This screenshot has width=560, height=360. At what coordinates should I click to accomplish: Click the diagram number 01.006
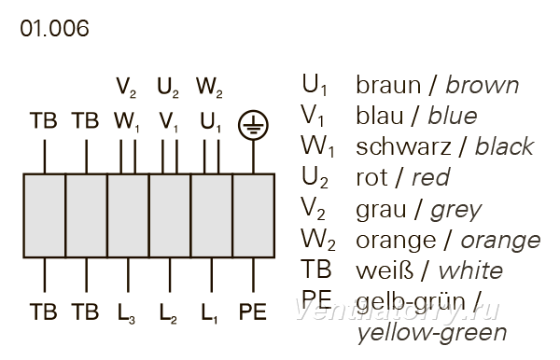tap(54, 29)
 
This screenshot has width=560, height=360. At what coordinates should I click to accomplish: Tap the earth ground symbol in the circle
tap(253, 125)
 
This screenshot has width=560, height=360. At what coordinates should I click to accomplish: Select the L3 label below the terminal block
tap(126, 312)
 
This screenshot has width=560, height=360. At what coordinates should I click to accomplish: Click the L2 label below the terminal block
tap(168, 312)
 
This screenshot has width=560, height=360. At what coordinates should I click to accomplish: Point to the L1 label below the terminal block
tap(210, 312)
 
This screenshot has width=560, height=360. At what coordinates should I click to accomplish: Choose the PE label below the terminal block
tap(253, 312)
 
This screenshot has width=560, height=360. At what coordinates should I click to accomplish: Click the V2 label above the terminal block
tap(126, 88)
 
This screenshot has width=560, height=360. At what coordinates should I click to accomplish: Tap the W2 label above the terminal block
tap(209, 88)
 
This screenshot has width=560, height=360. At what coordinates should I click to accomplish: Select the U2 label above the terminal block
tap(168, 88)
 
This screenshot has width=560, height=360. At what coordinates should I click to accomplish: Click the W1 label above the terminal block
tap(127, 122)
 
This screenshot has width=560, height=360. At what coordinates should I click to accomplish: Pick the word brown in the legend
tap(483, 85)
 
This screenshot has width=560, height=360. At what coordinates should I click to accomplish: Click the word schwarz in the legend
tap(403, 147)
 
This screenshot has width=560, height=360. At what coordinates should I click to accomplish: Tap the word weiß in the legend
tap(385, 270)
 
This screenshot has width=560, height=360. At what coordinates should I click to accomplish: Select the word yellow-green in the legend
tap(432, 333)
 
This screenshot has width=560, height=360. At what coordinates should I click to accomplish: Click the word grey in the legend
tap(456, 211)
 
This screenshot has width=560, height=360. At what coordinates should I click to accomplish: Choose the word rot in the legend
tap(371, 178)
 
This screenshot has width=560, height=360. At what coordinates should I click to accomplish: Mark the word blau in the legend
tap(379, 116)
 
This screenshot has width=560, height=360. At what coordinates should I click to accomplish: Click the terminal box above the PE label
tap(254, 215)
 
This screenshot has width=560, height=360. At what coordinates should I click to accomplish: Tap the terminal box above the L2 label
tap(170, 215)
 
